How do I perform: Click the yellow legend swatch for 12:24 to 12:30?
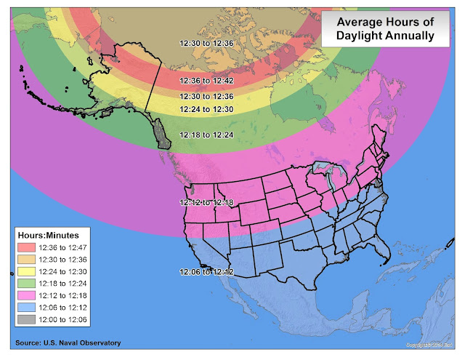tap(31, 271)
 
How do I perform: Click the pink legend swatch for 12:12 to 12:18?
tap(31, 296)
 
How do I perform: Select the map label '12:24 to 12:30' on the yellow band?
tap(207, 109)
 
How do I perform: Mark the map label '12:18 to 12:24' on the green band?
tap(207, 135)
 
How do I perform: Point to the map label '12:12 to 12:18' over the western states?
tap(207, 203)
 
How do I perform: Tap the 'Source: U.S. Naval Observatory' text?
tap(67, 343)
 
